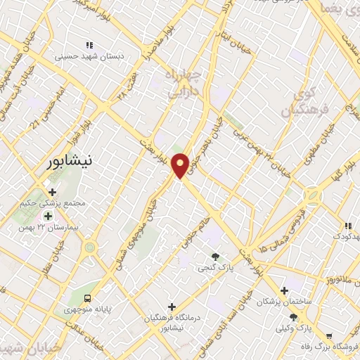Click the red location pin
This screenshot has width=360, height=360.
click(x=180, y=165)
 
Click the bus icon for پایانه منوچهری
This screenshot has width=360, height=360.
click(x=88, y=298)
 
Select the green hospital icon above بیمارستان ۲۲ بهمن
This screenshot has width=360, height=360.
click(x=48, y=215)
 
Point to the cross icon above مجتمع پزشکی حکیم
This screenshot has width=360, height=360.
click(x=53, y=191)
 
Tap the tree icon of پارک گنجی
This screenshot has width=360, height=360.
click(x=215, y=257)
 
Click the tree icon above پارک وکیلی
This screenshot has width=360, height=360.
click(x=292, y=317)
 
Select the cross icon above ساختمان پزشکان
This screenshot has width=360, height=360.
click(x=284, y=290)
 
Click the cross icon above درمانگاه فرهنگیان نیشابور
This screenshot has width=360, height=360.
click(x=172, y=306)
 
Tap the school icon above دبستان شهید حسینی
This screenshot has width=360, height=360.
click(x=89, y=45)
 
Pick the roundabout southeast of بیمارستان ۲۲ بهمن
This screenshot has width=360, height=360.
click(x=89, y=247)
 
